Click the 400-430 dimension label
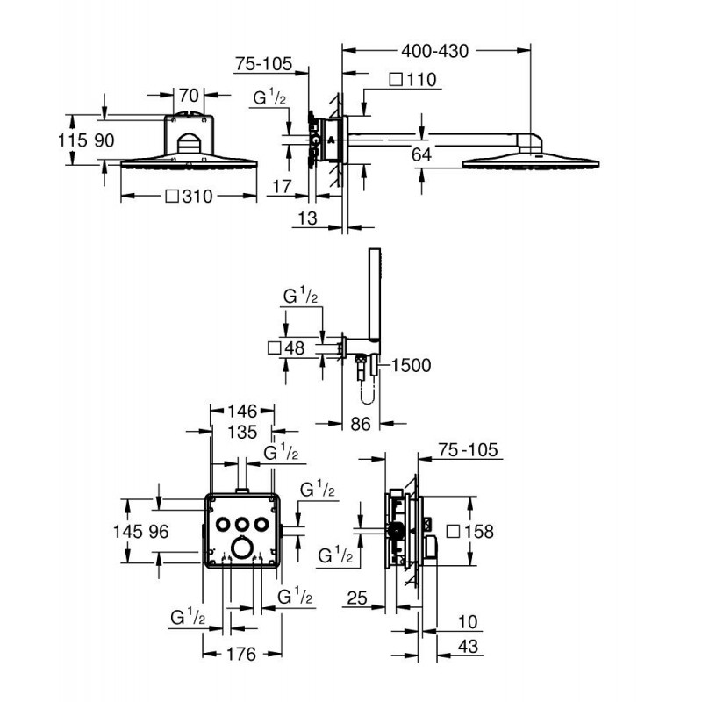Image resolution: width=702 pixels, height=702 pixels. click(434, 51)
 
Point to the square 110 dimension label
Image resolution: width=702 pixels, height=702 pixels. click(412, 80)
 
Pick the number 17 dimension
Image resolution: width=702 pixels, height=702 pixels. click(281, 186)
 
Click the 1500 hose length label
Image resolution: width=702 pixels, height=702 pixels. click(412, 366)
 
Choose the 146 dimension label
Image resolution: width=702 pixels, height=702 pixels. click(240, 411)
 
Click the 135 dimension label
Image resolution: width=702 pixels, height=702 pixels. click(240, 432)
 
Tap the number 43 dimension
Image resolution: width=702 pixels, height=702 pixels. click(470, 647)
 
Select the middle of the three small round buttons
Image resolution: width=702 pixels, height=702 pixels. click(241, 524)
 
